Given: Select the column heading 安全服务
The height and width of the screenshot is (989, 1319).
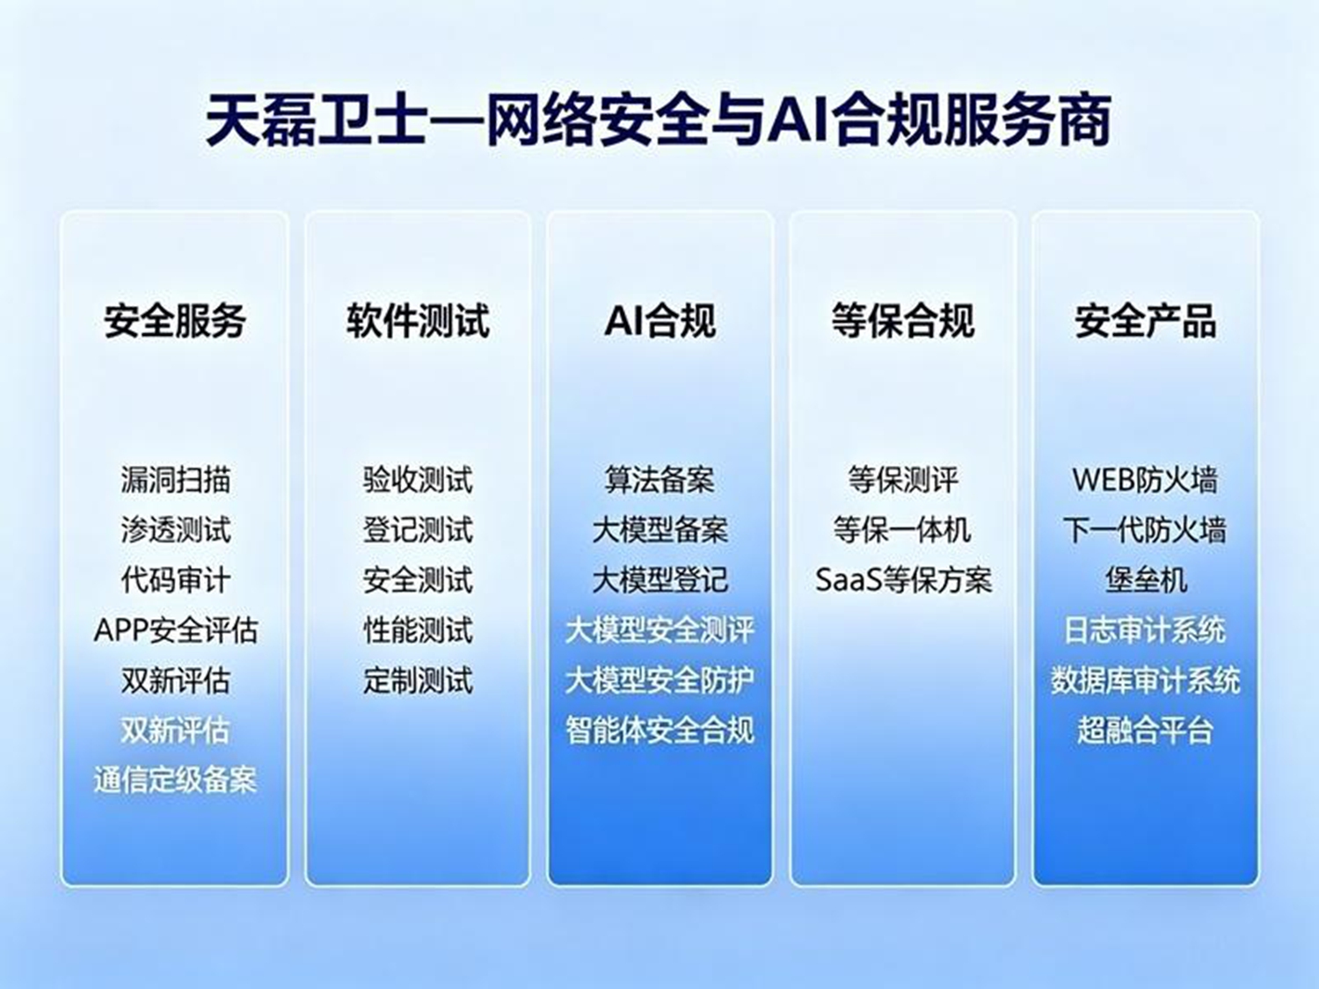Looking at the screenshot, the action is point(175,321).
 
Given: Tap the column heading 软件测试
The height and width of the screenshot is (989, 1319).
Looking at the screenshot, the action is point(418,321).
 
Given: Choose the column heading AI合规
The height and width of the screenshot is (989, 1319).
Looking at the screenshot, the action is point(659,321).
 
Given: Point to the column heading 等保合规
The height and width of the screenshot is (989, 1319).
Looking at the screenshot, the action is point(902,321).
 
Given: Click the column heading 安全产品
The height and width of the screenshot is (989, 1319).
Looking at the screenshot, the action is point(1146,321).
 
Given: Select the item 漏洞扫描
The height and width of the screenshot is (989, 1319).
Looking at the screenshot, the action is point(175,480).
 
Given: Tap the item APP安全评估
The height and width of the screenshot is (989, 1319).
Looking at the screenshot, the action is point(175,630).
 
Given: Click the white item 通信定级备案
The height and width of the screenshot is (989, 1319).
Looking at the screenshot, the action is point(175,781).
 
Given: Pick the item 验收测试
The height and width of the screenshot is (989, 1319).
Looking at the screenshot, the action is point(418,480).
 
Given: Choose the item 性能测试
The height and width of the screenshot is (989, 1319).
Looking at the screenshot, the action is point(418,630).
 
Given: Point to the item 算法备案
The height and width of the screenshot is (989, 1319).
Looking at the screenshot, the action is point(659,480).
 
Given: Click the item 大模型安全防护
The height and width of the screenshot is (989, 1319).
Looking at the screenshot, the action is point(659,680).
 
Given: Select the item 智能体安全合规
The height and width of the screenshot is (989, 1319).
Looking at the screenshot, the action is point(659,731).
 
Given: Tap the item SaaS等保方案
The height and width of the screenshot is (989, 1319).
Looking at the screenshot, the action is point(903,580).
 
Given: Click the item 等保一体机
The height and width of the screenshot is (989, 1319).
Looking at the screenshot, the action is point(902,530).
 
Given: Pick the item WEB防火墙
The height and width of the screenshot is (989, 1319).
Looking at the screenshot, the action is point(1146,480).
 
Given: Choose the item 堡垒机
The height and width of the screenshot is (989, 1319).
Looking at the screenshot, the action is point(1146,580).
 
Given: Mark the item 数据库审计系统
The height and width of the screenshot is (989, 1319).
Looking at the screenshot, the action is point(1146,680).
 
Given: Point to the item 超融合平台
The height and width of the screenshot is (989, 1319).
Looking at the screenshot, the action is point(1146,731).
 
